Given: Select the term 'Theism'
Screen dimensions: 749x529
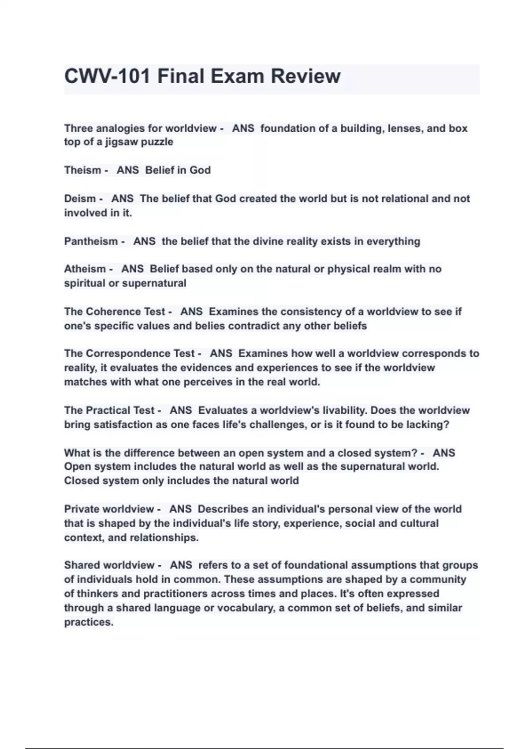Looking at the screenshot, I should coord(83,170).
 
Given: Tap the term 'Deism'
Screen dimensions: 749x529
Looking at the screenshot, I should coord(80,199).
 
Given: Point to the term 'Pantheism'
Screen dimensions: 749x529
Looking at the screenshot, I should coord(91,241).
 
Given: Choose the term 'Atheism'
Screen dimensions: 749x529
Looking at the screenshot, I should coord(85,269).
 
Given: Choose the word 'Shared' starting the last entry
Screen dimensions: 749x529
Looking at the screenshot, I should coord(81,565).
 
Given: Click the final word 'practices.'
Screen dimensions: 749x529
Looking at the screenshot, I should coord(89,622).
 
